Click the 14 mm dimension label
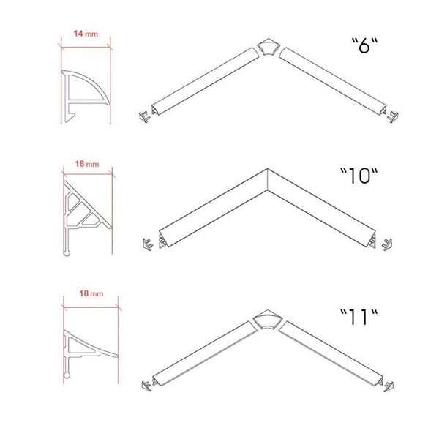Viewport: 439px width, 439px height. click(x=86, y=34)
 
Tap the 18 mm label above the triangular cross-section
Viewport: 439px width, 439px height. click(x=87, y=164)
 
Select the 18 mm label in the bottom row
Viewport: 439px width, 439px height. click(x=91, y=293)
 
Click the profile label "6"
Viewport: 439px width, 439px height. click(x=364, y=45)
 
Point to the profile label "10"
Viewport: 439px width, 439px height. click(x=359, y=176)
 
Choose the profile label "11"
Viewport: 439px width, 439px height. click(x=359, y=317)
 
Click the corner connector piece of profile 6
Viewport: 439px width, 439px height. click(x=269, y=47)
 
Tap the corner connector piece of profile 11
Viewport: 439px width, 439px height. click(x=267, y=320)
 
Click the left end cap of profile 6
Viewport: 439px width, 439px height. click(x=144, y=116)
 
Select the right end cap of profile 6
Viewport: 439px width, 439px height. click(x=392, y=116)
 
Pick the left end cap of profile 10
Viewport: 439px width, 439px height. click(x=148, y=244)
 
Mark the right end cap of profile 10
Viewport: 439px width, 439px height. click(x=387, y=244)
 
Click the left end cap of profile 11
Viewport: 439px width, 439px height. click(x=147, y=386)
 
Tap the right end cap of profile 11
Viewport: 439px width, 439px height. click(x=389, y=386)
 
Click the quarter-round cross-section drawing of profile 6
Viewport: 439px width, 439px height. click(x=86, y=96)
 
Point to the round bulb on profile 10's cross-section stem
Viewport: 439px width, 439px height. click(x=67, y=253)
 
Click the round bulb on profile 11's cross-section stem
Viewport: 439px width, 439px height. click(x=67, y=375)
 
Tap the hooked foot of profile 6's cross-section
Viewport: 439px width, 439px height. click(x=70, y=117)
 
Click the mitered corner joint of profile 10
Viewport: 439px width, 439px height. click(x=268, y=179)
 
